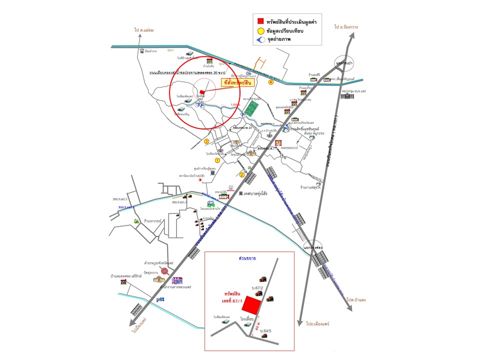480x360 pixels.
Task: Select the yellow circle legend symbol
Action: point(260,30)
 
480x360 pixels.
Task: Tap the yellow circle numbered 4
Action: point(270,82)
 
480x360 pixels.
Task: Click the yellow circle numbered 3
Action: point(206,141)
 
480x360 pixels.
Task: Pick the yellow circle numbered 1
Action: point(217,160)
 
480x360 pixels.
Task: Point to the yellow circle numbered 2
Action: point(242,174)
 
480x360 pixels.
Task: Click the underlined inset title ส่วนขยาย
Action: point(248,258)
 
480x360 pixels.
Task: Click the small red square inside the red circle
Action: point(201,92)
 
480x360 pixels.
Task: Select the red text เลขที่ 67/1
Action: point(231,301)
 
